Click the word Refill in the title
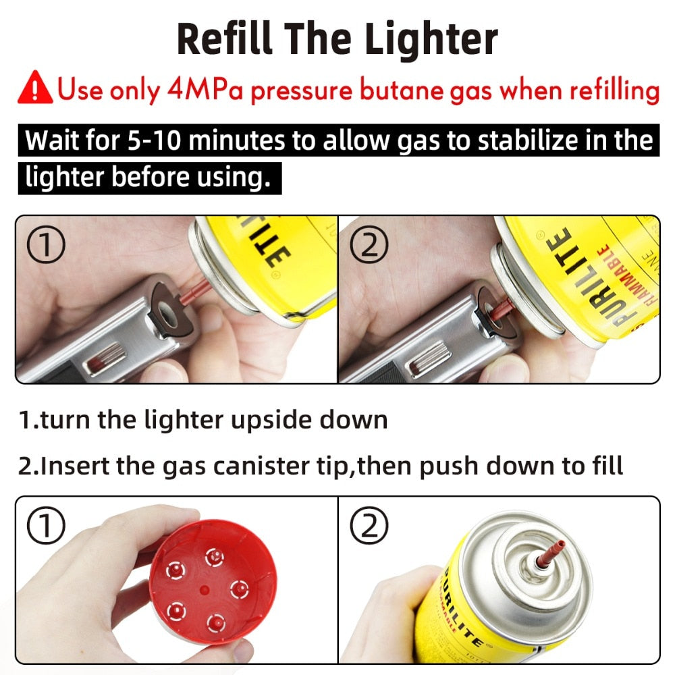(221, 39)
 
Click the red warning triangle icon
(35, 89)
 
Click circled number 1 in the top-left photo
(45, 247)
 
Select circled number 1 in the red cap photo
(45, 527)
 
